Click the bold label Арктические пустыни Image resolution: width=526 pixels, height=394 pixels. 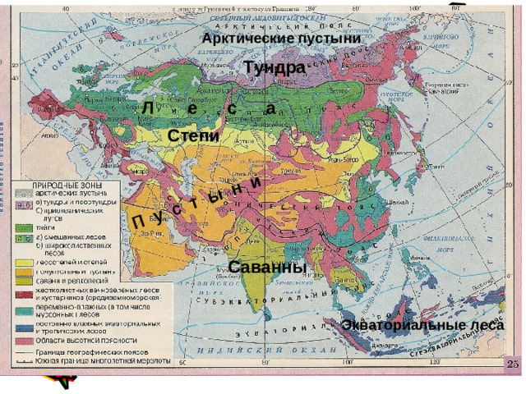(281, 39)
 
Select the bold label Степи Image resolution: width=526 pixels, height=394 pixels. (193, 135)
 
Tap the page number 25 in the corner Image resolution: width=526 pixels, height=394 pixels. (513, 364)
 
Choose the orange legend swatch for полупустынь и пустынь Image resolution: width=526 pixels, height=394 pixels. (25, 271)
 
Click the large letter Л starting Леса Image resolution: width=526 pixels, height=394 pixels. (145, 109)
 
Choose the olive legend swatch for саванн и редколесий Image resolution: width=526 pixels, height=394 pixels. (25, 280)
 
